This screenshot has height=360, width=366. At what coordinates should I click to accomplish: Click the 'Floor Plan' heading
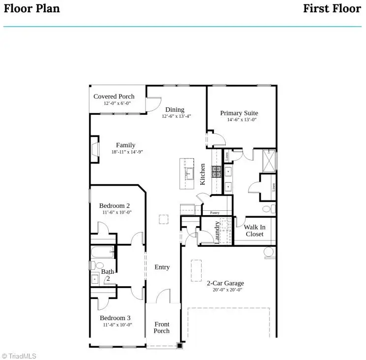[31, 8]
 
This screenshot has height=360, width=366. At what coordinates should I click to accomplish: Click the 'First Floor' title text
[332, 8]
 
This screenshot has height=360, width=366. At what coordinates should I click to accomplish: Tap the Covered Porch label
[114, 96]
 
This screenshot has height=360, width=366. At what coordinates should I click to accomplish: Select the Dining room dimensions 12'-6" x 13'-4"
[176, 117]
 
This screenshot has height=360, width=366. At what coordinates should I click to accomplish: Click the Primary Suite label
[239, 113]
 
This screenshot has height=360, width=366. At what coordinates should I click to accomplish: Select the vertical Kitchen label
[202, 174]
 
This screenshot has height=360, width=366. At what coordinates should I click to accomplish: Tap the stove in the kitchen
[216, 171]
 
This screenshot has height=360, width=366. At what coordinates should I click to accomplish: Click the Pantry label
[214, 213]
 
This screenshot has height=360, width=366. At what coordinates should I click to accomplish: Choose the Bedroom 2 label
[114, 205]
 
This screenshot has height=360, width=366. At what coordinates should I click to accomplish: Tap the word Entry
[162, 267]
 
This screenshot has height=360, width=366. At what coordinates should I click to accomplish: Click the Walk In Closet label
[254, 230]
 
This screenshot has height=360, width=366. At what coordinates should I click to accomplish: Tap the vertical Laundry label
[217, 232]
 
